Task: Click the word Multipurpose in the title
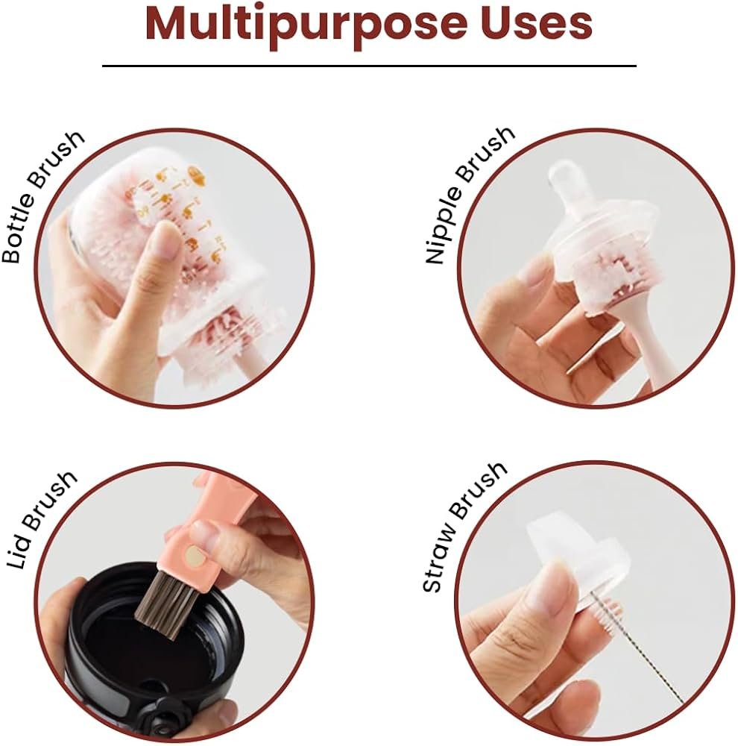pos(306,24)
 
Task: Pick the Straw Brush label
pos(464,527)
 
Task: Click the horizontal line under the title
pos(369,66)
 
